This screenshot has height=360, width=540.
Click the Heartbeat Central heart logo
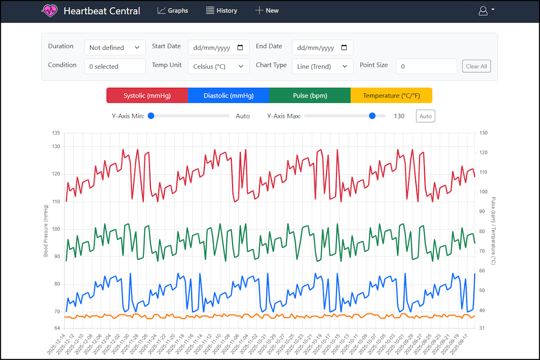click(49, 11)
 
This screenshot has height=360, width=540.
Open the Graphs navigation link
click(173, 10)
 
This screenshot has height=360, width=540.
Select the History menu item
click(221, 10)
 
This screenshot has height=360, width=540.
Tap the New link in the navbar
click(267, 10)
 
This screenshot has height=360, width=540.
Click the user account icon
click(483, 11)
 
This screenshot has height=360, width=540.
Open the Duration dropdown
click(115, 47)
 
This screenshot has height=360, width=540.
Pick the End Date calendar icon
click(344, 47)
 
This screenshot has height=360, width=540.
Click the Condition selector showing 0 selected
click(115, 66)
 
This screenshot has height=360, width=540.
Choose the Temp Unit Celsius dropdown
click(219, 66)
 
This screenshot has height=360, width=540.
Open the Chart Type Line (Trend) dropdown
click(323, 66)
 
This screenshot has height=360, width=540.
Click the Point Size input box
click(426, 66)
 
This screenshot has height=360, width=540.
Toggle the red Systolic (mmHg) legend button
click(147, 95)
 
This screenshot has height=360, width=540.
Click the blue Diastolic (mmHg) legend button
click(229, 95)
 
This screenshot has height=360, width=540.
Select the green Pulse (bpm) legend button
click(310, 95)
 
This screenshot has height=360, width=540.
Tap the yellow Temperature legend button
click(391, 95)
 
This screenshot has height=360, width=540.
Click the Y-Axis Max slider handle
click(372, 116)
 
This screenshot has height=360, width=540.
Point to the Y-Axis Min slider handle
click(151, 116)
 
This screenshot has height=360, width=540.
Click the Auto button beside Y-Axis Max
click(425, 116)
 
